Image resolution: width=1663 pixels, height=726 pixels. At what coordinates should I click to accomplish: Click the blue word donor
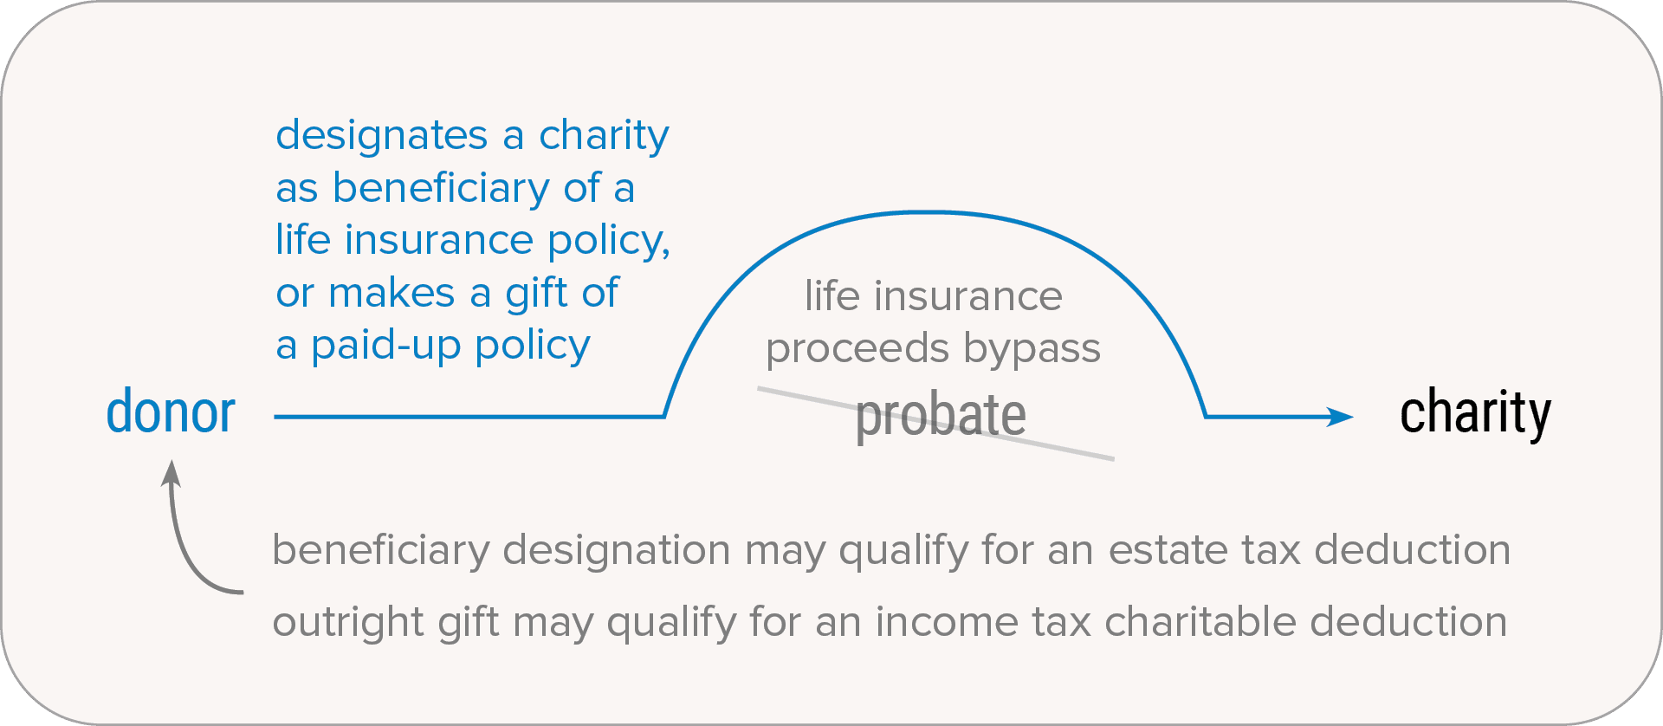(x=171, y=412)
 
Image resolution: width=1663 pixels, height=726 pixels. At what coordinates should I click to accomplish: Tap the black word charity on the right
(x=1475, y=413)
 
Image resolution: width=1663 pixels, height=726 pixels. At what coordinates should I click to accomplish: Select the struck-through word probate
(x=941, y=417)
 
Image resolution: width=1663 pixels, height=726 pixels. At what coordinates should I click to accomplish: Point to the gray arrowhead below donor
(x=171, y=473)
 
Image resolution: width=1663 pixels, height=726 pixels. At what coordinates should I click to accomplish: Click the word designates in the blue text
(x=382, y=135)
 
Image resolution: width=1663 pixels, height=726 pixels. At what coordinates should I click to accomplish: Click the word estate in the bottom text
(x=1168, y=550)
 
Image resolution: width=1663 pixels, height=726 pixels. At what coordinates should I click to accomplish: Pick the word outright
(x=348, y=624)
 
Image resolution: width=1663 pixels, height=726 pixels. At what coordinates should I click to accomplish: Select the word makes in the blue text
(x=391, y=293)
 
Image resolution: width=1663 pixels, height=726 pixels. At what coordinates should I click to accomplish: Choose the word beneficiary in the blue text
(x=441, y=190)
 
